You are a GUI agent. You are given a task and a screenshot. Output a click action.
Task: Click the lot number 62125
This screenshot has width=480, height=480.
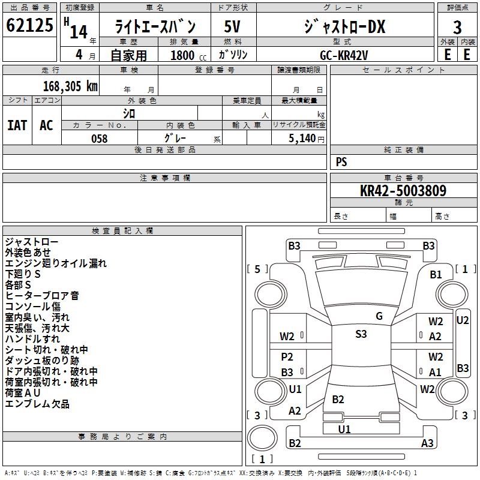pyautogui.click(x=29, y=26)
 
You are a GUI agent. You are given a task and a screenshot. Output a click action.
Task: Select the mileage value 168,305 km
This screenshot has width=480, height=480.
pyautogui.click(x=70, y=86)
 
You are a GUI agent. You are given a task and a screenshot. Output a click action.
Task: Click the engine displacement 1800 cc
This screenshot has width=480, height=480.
pyautogui.click(x=185, y=55)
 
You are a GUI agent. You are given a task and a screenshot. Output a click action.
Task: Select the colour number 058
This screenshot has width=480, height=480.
pyautogui.click(x=99, y=139)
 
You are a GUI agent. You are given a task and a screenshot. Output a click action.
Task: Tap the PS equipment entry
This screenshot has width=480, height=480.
pyautogui.click(x=341, y=162)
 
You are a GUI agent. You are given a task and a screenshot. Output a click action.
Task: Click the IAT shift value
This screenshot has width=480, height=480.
pyautogui.click(x=17, y=125)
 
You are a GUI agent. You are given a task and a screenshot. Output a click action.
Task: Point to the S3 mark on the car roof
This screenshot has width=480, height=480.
pyautogui.click(x=361, y=334)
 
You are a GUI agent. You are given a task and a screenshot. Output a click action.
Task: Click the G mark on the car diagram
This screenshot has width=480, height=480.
pyautogui.click(x=379, y=316)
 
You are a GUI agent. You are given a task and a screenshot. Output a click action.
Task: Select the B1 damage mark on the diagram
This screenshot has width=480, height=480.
pyautogui.click(x=436, y=274)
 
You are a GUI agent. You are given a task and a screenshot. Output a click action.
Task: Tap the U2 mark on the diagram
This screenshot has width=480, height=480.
pyautogui.click(x=463, y=320)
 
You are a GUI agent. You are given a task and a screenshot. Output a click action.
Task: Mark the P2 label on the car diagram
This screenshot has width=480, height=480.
pyautogui.click(x=287, y=357)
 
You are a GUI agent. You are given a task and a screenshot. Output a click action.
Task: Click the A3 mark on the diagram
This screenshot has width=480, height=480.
pyautogui.click(x=427, y=443)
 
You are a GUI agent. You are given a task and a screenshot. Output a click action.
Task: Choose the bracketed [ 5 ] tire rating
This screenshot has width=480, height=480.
pyautogui.click(x=257, y=269)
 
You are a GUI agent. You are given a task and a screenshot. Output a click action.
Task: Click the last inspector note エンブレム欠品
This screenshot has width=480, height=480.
pyautogui.click(x=37, y=404)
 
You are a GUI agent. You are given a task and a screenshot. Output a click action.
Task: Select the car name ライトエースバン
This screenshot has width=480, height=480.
pyautogui.click(x=154, y=27)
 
